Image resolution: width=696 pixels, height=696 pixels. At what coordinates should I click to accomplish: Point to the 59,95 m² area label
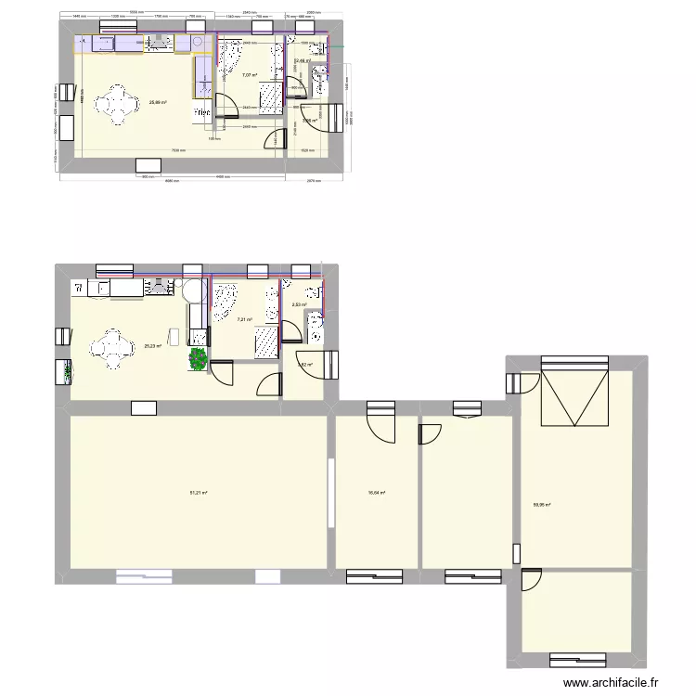click(x=541, y=506)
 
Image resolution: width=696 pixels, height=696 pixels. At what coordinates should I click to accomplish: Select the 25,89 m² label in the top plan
click(x=158, y=102)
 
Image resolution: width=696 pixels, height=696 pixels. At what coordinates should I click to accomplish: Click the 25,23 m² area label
click(x=152, y=346)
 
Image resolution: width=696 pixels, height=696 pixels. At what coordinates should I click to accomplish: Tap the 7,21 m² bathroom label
click(x=244, y=319)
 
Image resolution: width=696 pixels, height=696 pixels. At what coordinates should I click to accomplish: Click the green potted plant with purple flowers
click(x=199, y=358)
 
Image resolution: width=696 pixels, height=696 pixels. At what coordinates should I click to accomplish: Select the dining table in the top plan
click(x=117, y=104)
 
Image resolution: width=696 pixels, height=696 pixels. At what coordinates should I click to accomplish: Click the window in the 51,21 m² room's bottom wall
click(x=151, y=576)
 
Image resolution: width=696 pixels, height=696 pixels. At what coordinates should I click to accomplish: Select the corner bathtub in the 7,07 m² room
click(x=227, y=60)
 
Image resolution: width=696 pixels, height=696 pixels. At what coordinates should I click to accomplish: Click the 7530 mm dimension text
click(x=177, y=151)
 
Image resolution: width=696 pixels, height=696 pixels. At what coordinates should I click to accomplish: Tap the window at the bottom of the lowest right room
click(x=577, y=661)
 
